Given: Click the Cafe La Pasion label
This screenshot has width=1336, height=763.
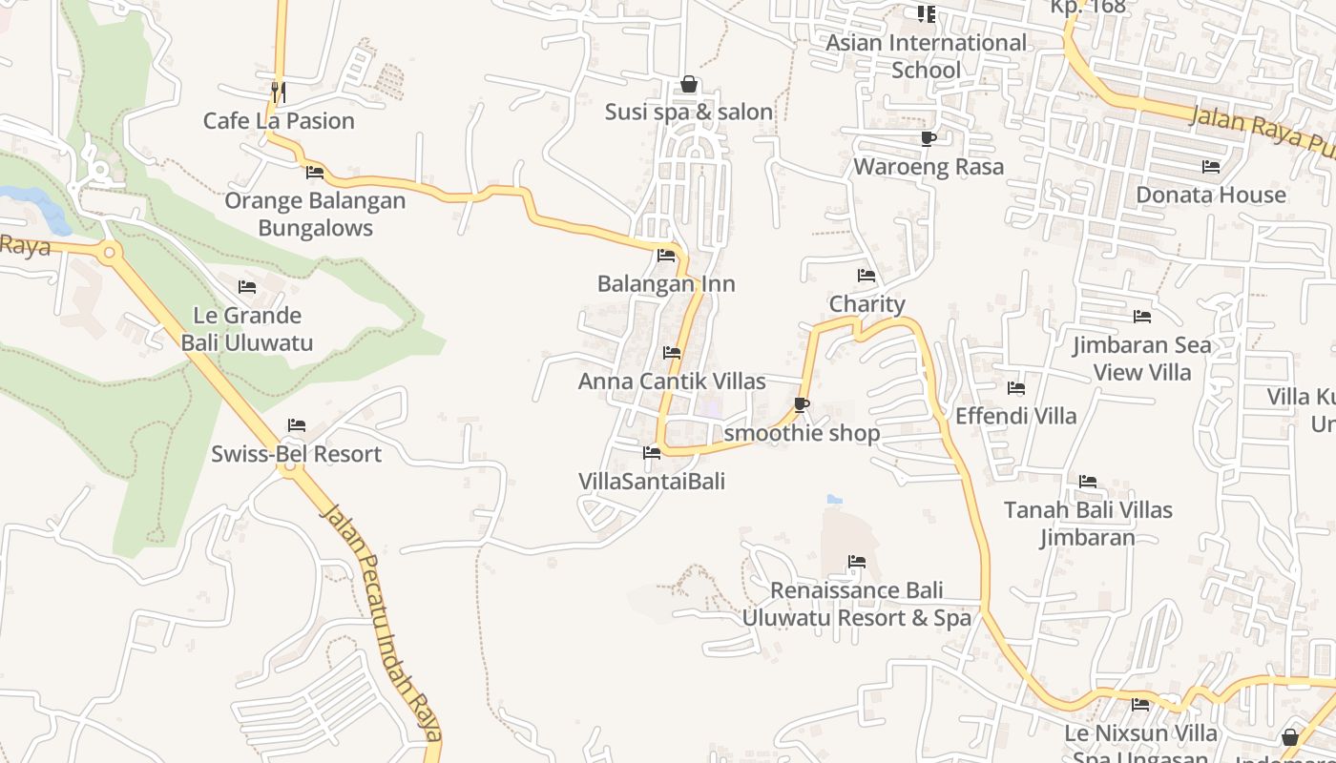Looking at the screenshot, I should (x=279, y=121).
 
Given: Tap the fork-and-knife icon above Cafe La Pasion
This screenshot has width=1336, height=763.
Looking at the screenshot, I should (x=279, y=92).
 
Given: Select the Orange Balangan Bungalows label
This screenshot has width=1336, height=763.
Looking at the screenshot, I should (x=315, y=215).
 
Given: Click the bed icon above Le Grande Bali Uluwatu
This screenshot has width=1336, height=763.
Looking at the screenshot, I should (x=247, y=286).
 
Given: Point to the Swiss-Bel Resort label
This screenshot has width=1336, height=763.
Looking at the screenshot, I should (x=296, y=454).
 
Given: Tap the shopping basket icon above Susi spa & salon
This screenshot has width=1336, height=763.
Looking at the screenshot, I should (x=689, y=84).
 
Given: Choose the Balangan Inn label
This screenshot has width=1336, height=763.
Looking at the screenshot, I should (x=666, y=284).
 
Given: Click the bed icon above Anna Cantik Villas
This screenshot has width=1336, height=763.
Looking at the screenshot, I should (x=672, y=353).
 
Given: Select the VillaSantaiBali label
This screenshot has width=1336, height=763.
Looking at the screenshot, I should (x=652, y=482).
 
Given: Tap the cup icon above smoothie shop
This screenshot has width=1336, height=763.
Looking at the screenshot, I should (x=802, y=405).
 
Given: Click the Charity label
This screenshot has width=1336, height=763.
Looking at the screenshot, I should (x=866, y=304).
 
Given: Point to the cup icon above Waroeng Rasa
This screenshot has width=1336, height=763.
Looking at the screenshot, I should (x=928, y=139).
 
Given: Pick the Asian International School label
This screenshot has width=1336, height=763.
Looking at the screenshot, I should (x=926, y=56).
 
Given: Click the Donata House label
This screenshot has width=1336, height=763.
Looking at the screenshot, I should (x=1211, y=196).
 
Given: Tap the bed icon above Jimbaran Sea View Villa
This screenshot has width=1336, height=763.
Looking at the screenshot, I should (x=1141, y=317).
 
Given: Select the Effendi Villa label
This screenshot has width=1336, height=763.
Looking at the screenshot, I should (x=1015, y=416).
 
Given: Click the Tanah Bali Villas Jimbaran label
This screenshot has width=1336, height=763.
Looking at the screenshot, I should (x=1088, y=524).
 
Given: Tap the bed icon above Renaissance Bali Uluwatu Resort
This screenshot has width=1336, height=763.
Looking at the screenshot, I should (x=857, y=562).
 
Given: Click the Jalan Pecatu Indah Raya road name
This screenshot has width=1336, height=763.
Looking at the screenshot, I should (x=383, y=620).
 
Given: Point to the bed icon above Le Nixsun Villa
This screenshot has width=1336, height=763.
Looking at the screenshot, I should (x=1140, y=705).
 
